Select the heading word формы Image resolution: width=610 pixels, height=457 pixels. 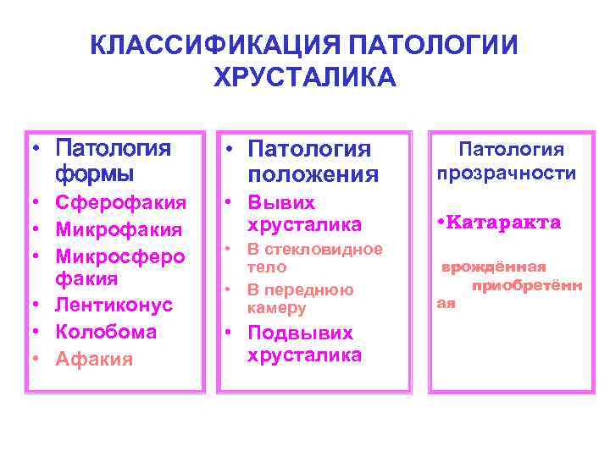[x=94, y=175]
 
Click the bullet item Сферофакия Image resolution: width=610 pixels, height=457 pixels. [x=120, y=202]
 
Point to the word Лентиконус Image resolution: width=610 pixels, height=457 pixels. [x=114, y=305]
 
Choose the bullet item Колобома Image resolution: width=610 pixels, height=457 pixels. [x=106, y=332]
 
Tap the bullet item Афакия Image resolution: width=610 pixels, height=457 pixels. [x=94, y=359]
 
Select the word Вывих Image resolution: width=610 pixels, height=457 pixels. [x=281, y=203]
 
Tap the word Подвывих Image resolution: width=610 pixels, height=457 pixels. [x=300, y=333]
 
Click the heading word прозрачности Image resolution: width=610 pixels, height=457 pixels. [x=507, y=173]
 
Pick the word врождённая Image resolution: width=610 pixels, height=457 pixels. [x=492, y=267]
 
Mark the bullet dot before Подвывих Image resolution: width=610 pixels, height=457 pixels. [x=230, y=333]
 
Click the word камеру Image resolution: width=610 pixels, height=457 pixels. [x=276, y=309]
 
